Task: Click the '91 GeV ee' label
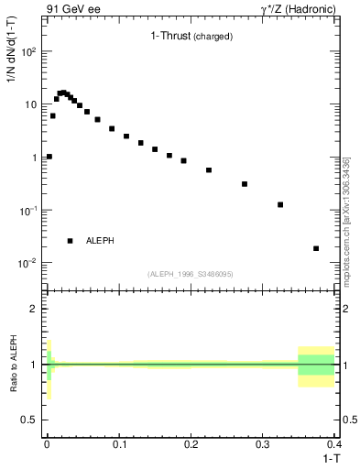click(x=72, y=8)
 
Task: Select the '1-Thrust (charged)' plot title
click(x=191, y=37)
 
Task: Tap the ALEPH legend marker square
click(x=70, y=241)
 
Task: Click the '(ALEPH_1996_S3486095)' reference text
click(x=189, y=274)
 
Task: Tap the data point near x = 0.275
click(x=245, y=184)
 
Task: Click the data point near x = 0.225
click(x=209, y=170)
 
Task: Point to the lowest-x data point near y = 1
click(x=49, y=157)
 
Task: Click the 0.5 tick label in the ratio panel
click(x=30, y=420)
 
